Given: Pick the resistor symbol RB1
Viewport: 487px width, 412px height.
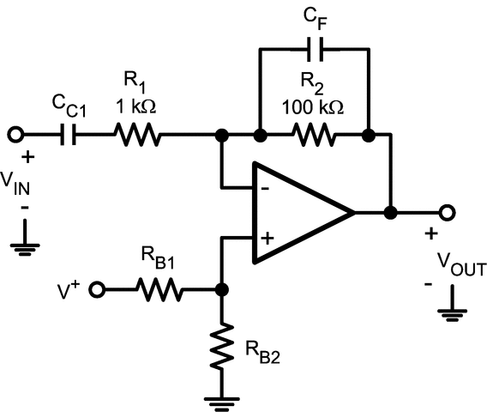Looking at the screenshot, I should pos(159,290).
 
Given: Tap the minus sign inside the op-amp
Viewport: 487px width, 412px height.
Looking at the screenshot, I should pos(266,185).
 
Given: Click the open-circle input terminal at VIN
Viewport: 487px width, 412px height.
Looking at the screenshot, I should pos(15,135).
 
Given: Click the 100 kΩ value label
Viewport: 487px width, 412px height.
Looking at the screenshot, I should pos(315,108).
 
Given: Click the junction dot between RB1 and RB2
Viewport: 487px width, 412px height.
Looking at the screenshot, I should pos(222,290).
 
